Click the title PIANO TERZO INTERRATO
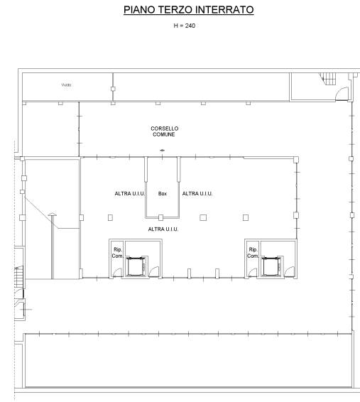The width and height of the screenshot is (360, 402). click(x=189, y=10)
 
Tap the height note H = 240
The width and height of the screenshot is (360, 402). click(x=184, y=26)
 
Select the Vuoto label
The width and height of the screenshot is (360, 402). click(x=66, y=85)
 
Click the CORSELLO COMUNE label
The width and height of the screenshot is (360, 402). click(x=164, y=131)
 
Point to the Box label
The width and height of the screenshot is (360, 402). click(x=163, y=194)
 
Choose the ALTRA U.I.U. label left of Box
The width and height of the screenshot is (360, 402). click(x=130, y=194)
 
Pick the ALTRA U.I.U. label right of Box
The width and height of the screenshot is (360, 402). click(x=197, y=194)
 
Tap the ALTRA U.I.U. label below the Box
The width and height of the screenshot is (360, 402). click(x=163, y=229)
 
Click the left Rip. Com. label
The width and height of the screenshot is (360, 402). click(x=117, y=253)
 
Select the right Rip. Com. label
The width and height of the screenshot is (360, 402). click(x=253, y=253)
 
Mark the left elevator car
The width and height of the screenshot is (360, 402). click(x=136, y=266)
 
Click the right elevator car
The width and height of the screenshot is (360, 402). click(x=271, y=266)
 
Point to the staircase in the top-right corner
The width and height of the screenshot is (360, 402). click(x=327, y=78)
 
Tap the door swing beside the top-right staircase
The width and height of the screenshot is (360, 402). click(x=342, y=94)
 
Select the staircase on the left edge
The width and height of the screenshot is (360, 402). click(x=18, y=277)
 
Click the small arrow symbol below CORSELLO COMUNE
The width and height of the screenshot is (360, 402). click(x=162, y=151)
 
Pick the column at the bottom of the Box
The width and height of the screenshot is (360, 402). click(x=160, y=217)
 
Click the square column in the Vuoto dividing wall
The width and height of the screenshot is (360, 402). click(x=113, y=89)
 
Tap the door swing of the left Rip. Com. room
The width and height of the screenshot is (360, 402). click(x=117, y=272)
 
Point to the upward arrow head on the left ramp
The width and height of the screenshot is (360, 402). click(x=53, y=214)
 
